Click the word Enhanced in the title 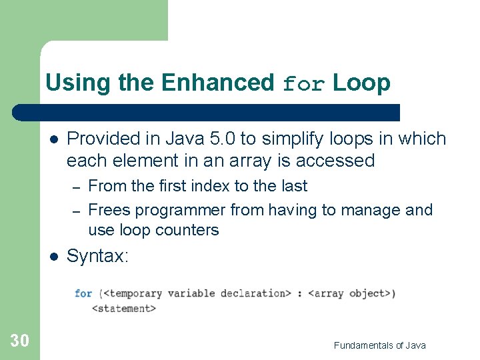pyautogui.click(x=217, y=83)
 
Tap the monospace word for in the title pyautogui.click(x=305, y=84)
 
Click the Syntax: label pyautogui.click(x=97, y=256)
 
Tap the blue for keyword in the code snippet pyautogui.click(x=83, y=293)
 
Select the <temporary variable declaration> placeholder pyautogui.click(x=197, y=293)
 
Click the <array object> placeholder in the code pyautogui.click(x=351, y=293)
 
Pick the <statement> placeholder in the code pyautogui.click(x=123, y=308)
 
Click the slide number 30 pyautogui.click(x=20, y=341)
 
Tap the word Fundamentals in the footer pyautogui.click(x=363, y=345)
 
